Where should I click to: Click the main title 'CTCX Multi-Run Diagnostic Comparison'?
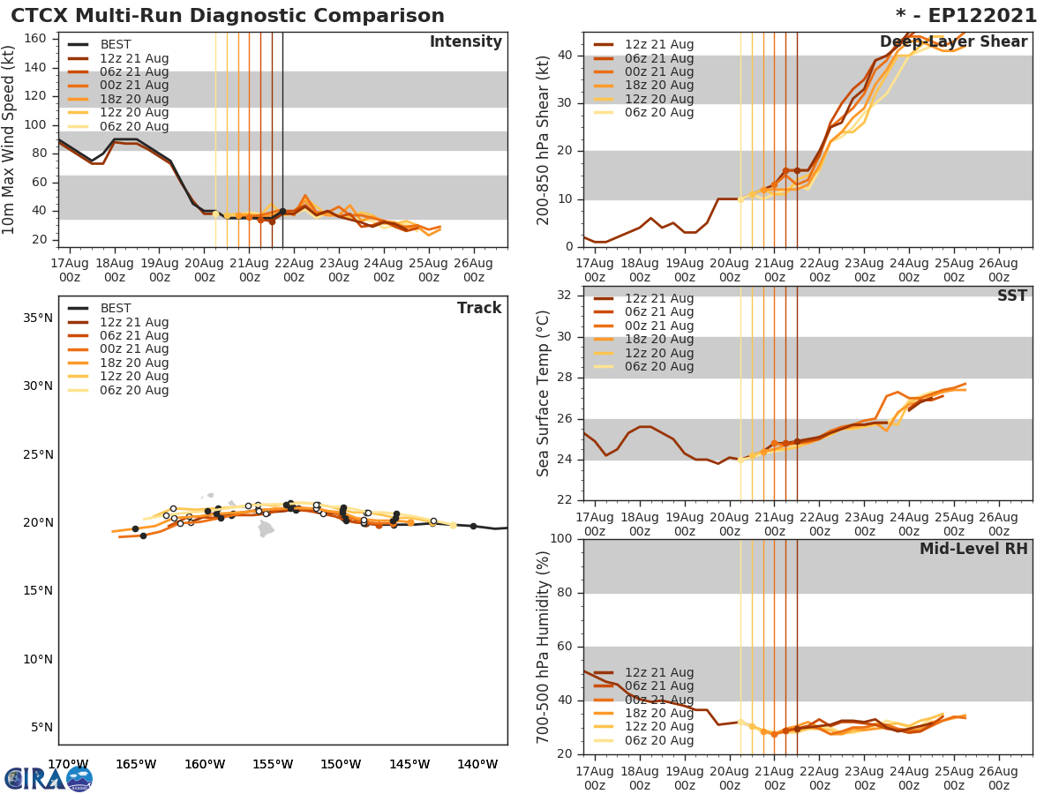228,16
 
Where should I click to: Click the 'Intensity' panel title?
465,42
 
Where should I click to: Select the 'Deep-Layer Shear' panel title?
953,42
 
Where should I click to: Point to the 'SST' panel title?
1011,296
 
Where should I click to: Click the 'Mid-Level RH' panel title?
973,550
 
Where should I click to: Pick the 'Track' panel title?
478,308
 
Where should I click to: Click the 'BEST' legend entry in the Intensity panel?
116,45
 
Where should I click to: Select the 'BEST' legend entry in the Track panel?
116,309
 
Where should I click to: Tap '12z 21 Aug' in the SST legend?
659,299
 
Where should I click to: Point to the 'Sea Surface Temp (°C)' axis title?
544,393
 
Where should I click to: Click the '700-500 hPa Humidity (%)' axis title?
544,647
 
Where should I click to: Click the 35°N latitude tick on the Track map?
37,318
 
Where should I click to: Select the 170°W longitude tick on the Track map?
67,764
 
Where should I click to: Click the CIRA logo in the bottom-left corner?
49,779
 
